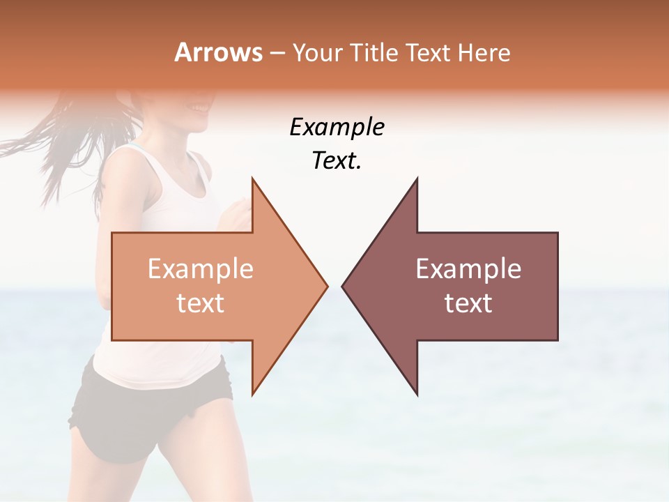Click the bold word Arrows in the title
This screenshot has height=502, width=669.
pyautogui.click(x=218, y=52)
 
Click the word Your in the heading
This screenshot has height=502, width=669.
pyautogui.click(x=317, y=52)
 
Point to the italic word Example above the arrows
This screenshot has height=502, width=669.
pyautogui.click(x=337, y=128)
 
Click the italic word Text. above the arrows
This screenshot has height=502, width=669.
pyautogui.click(x=337, y=161)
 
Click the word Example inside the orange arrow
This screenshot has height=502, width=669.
pyautogui.click(x=201, y=269)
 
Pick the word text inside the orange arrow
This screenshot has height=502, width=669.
pyautogui.click(x=201, y=303)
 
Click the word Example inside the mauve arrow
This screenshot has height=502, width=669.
pyautogui.click(x=468, y=269)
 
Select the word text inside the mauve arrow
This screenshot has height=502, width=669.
pyautogui.click(x=468, y=303)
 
